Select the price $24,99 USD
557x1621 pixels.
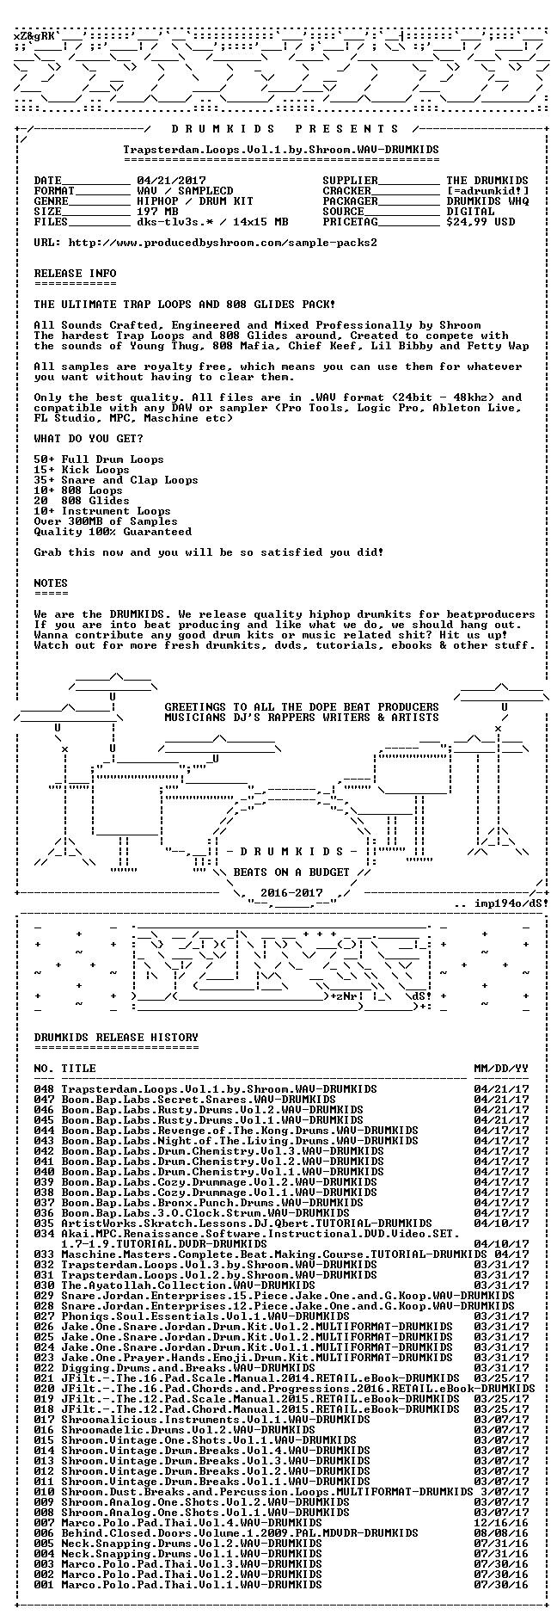(x=480, y=221)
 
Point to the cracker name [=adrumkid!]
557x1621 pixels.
(x=487, y=191)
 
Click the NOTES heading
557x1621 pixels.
(x=51, y=582)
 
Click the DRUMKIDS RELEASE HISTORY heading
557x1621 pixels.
(x=116, y=1037)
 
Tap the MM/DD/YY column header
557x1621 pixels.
(x=501, y=1068)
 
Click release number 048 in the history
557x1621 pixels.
(x=44, y=1088)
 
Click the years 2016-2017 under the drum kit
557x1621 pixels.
(x=291, y=892)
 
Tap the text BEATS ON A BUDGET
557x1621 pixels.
(x=291, y=872)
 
